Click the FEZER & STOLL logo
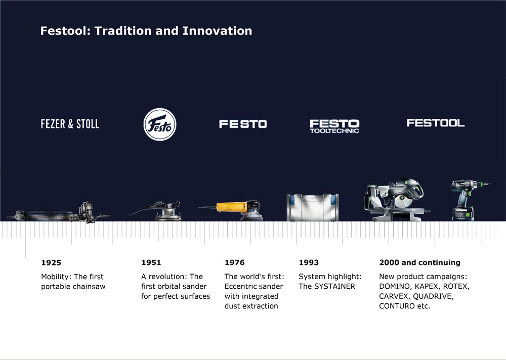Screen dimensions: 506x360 70,124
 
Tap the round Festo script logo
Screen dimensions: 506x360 160,124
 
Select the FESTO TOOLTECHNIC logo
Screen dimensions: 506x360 334,126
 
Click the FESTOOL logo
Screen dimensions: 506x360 436,123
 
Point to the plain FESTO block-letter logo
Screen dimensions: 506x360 243,124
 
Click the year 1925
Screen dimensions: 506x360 51,262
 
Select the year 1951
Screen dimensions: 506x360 151,262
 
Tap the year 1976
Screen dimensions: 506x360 235,262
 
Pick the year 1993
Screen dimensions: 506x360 309,262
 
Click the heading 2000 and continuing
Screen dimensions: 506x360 420,262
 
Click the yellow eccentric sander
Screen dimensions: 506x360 236,210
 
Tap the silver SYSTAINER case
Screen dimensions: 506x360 313,207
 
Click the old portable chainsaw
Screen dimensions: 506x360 58,213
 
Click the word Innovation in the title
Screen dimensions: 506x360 217,31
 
